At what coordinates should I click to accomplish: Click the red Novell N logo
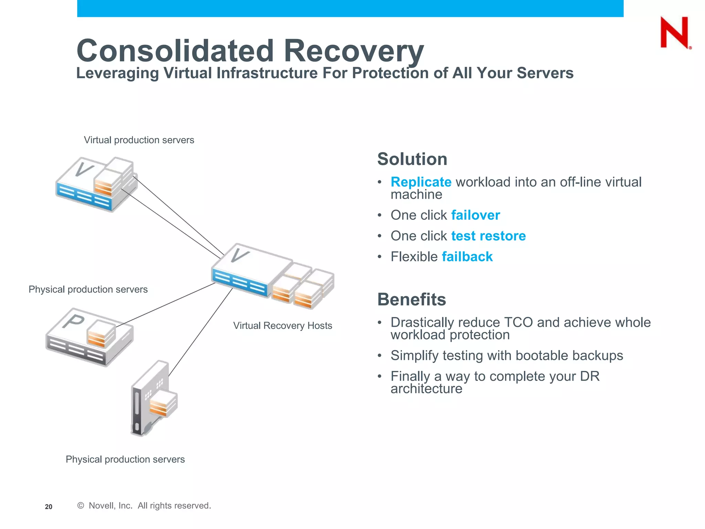(675, 33)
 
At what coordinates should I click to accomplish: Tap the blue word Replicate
(421, 182)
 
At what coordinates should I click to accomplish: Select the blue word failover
(475, 215)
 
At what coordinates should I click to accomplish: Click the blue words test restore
(488, 236)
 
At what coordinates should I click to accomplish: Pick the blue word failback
(467, 257)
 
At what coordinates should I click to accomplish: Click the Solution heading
(412, 159)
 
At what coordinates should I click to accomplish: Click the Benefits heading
(411, 299)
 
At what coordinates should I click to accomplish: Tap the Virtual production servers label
(139, 140)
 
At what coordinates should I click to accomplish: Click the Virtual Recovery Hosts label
(282, 326)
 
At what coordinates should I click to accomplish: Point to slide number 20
(49, 507)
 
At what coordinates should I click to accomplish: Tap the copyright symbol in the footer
(81, 506)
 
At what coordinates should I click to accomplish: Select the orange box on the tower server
(163, 405)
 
